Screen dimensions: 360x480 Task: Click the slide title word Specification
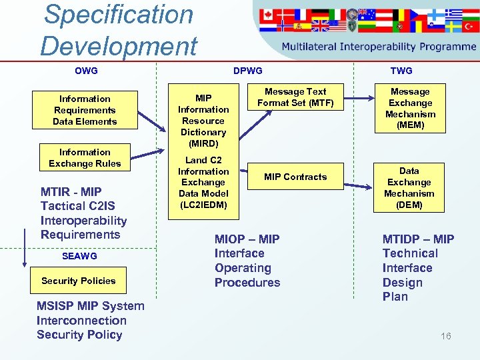pyautogui.click(x=118, y=15)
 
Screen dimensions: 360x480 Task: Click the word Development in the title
pyautogui.click(x=118, y=47)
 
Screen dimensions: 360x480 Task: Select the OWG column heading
pyautogui.click(x=86, y=71)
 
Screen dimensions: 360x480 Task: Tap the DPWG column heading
pyautogui.click(x=247, y=71)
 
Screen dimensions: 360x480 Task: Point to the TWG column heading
pyautogui.click(x=401, y=71)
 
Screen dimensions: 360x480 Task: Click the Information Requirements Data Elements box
pyautogui.click(x=85, y=110)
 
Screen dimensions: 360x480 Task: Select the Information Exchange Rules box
pyautogui.click(x=85, y=158)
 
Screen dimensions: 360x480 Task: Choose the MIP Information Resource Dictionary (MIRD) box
pyautogui.click(x=203, y=121)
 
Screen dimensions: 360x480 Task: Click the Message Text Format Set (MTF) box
pyautogui.click(x=295, y=97)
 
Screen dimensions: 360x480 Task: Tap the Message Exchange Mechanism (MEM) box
pyautogui.click(x=410, y=108)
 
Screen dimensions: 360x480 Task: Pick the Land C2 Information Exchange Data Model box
pyautogui.click(x=203, y=182)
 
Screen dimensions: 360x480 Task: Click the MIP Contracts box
pyautogui.click(x=295, y=177)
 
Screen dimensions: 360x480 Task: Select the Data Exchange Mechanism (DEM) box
pyautogui.click(x=409, y=188)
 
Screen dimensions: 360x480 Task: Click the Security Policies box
pyautogui.click(x=79, y=281)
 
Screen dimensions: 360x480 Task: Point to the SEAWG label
pyautogui.click(x=79, y=256)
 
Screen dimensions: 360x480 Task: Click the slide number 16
pyautogui.click(x=445, y=336)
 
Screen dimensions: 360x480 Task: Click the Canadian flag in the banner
pyautogui.click(x=267, y=14)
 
